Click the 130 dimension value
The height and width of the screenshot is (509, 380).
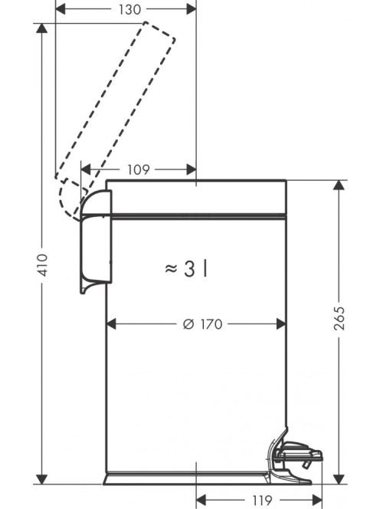point(129,10)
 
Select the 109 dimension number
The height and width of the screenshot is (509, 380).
point(138,169)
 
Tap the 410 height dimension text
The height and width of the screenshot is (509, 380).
point(42,265)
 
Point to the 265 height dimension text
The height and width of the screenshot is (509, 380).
point(339,318)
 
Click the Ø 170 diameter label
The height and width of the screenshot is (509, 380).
point(202,324)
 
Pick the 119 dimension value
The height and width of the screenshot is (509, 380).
point(262,501)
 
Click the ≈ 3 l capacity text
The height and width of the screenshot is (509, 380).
point(186,269)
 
